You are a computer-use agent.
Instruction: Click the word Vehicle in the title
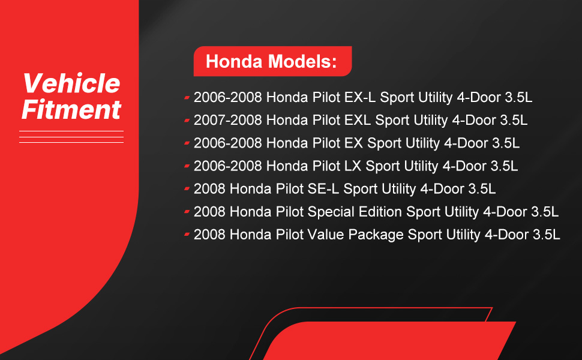click(71, 83)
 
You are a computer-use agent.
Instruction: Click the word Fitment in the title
click(71, 109)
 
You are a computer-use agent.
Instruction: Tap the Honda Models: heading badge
click(272, 61)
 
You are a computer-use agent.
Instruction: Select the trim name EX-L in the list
click(359, 97)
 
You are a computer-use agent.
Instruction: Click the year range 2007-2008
click(228, 120)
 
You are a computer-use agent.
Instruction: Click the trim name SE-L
click(323, 189)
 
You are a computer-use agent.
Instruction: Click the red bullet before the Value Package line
click(187, 234)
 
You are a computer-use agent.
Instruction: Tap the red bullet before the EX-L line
click(187, 98)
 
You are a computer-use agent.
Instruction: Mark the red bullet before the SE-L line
click(187, 189)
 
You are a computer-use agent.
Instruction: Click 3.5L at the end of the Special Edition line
click(545, 212)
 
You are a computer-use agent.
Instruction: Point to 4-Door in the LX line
click(464, 166)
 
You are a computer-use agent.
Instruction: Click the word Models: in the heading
click(302, 61)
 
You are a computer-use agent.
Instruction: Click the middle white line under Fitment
click(71, 137)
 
